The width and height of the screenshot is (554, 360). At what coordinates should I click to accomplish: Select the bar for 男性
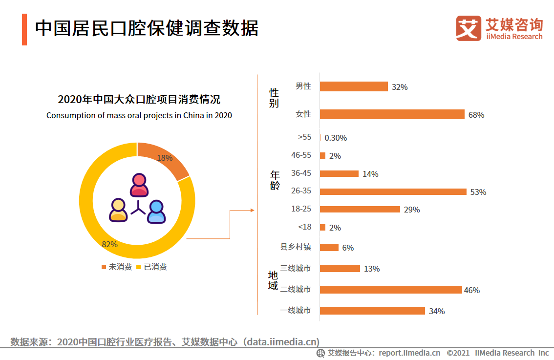click(x=354, y=86)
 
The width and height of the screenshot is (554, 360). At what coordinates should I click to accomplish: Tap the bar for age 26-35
click(x=393, y=191)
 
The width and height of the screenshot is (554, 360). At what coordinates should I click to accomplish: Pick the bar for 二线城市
click(x=390, y=290)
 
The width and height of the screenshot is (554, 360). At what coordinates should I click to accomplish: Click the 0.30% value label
click(x=336, y=138)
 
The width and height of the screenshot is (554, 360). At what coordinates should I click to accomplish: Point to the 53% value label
click(x=478, y=192)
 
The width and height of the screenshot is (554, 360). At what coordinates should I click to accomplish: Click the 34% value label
click(x=436, y=311)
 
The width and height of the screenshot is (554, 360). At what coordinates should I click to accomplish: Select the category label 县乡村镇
click(x=296, y=247)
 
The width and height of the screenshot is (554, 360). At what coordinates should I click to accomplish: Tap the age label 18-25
click(x=301, y=209)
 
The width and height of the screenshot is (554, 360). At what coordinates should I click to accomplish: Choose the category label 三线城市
click(x=296, y=268)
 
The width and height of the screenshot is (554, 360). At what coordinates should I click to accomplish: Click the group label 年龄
click(x=275, y=180)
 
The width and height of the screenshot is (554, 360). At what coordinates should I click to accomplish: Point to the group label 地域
click(x=273, y=280)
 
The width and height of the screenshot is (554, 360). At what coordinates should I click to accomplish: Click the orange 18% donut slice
click(x=167, y=159)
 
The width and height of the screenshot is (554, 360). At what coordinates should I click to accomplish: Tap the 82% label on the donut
click(x=109, y=244)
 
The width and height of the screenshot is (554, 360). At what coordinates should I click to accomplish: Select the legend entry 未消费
click(x=117, y=267)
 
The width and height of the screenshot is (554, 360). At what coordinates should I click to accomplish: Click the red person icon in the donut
click(x=139, y=185)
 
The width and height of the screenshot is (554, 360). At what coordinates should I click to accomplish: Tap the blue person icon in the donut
click(x=156, y=212)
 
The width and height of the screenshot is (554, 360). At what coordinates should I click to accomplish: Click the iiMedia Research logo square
click(x=469, y=28)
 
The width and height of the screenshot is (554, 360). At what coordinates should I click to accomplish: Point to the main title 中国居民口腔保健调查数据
click(x=147, y=28)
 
